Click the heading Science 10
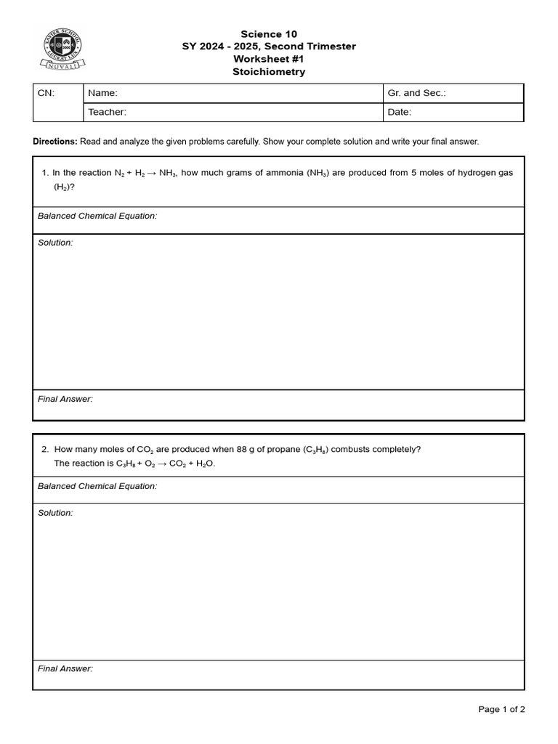269,34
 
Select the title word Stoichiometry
269,72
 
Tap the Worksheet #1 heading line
269,59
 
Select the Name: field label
102,93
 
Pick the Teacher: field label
108,112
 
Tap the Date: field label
400,112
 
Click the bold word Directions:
55,142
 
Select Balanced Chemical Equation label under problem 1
97,216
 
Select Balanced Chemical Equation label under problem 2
97,486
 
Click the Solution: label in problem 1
55,243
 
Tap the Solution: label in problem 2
55,513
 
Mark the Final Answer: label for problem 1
65,399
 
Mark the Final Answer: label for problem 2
65,668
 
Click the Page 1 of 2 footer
501,709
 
